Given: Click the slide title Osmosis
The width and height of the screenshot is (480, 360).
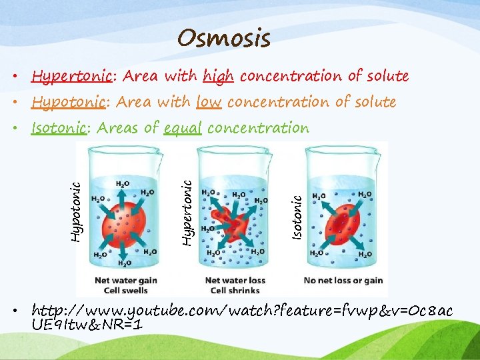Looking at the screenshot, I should point(224,39).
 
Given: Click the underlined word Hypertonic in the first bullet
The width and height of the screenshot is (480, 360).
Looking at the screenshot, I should point(73,76).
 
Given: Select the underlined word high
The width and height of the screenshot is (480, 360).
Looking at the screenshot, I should point(219,76).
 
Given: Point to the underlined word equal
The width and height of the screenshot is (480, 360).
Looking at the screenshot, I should point(182,128).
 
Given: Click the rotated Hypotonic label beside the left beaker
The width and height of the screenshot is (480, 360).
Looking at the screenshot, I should point(77,203).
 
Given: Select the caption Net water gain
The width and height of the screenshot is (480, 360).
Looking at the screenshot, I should point(126,281).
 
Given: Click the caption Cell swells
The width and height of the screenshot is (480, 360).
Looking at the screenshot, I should point(126,290).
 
